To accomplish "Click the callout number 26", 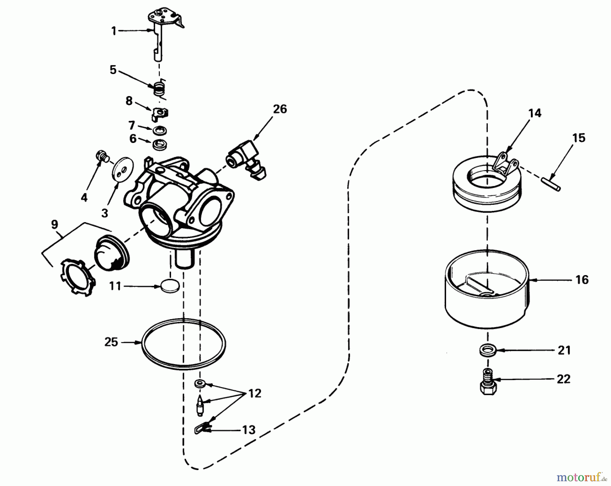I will [x=280, y=109].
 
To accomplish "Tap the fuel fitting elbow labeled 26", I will [x=246, y=158].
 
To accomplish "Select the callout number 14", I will [x=535, y=113].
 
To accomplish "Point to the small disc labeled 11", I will [x=169, y=286].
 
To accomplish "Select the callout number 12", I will [x=255, y=393].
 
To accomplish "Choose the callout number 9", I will [x=54, y=224].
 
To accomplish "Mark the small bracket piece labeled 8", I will [x=160, y=113].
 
